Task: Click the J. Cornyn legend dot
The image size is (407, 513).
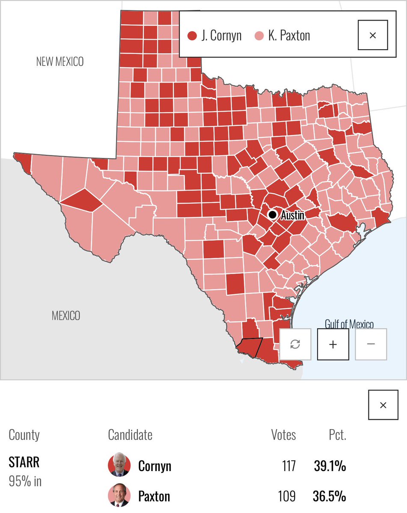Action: click(192, 36)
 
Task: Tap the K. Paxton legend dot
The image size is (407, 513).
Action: click(259, 36)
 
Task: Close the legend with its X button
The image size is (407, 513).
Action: click(372, 35)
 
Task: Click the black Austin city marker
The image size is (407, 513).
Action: click(272, 214)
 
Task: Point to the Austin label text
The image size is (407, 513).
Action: click(293, 215)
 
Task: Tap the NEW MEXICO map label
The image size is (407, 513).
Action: click(60, 62)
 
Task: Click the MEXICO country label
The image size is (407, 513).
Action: click(66, 316)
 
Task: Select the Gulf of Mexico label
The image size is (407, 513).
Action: click(349, 324)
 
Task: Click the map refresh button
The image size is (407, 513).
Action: click(295, 344)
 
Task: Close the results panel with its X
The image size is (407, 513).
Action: click(383, 405)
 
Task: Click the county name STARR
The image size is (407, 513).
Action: click(24, 463)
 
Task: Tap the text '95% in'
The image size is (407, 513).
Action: click(25, 481)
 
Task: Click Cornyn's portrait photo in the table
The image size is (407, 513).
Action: click(119, 466)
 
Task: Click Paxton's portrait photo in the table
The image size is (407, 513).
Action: click(119, 496)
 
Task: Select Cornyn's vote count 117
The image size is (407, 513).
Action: click(288, 466)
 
